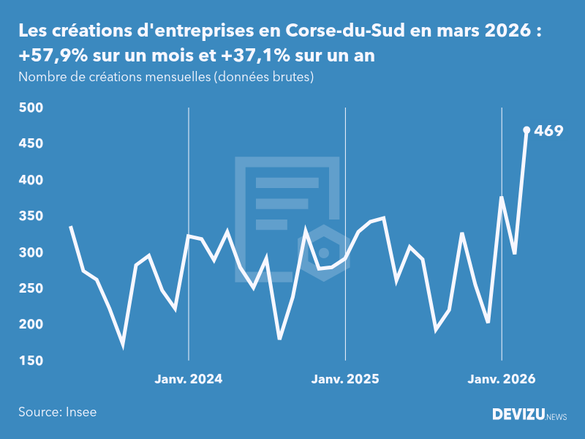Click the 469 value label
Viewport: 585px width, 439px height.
point(548,131)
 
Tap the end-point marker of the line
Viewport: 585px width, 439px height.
point(526,130)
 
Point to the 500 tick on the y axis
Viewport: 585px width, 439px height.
point(31,108)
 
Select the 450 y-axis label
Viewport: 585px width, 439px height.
point(31,143)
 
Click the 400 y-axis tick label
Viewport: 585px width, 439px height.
point(31,180)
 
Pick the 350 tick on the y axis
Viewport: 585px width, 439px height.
point(31,216)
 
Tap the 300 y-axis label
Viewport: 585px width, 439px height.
point(31,252)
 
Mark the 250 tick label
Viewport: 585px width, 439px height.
point(31,288)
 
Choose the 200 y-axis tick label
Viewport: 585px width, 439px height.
point(31,324)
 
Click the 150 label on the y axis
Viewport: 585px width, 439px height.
point(31,361)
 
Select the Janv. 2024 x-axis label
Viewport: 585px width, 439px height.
point(189,379)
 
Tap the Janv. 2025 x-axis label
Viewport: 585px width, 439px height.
point(345,379)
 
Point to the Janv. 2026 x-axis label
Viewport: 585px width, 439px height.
point(502,379)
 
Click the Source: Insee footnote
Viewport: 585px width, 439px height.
point(58,412)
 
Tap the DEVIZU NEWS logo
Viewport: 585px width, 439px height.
point(529,415)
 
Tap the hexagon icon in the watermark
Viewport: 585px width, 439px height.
point(323,252)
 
